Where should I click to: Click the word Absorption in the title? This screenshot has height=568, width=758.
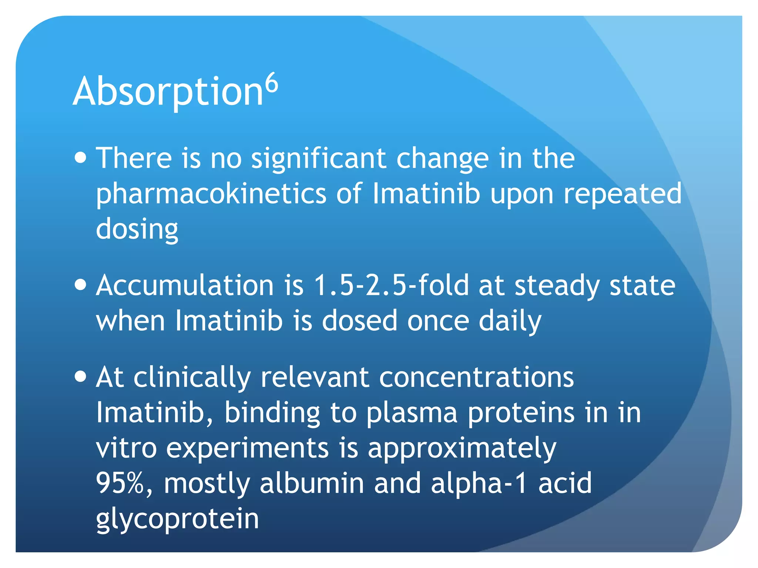[168, 92]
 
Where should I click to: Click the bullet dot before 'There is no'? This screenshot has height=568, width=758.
[80, 158]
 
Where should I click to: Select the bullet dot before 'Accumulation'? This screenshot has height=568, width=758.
[80, 285]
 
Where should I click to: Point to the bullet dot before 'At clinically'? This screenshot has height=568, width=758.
[80, 377]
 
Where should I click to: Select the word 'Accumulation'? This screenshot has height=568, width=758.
[185, 285]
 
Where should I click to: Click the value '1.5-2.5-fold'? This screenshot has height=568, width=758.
[391, 285]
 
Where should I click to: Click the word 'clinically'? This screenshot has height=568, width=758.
[192, 378]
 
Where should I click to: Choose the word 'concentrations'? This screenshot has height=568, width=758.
[476, 378]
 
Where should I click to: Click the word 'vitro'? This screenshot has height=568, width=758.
[126, 448]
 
